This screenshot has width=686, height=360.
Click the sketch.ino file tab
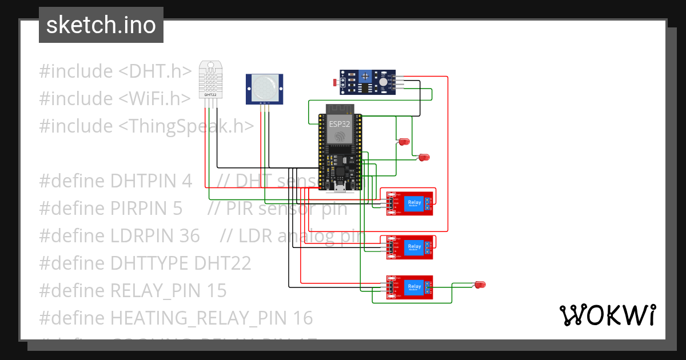[101, 25]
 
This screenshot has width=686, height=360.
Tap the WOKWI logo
[607, 315]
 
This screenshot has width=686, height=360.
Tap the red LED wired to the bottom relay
[480, 284]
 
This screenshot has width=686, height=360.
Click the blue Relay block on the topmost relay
[414, 203]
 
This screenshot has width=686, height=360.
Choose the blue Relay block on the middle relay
[414, 247]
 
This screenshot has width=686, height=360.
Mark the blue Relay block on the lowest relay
[414, 287]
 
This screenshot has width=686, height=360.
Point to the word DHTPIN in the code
[151, 181]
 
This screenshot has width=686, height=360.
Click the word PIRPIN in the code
[146, 209]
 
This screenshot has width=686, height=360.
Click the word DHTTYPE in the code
[150, 263]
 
